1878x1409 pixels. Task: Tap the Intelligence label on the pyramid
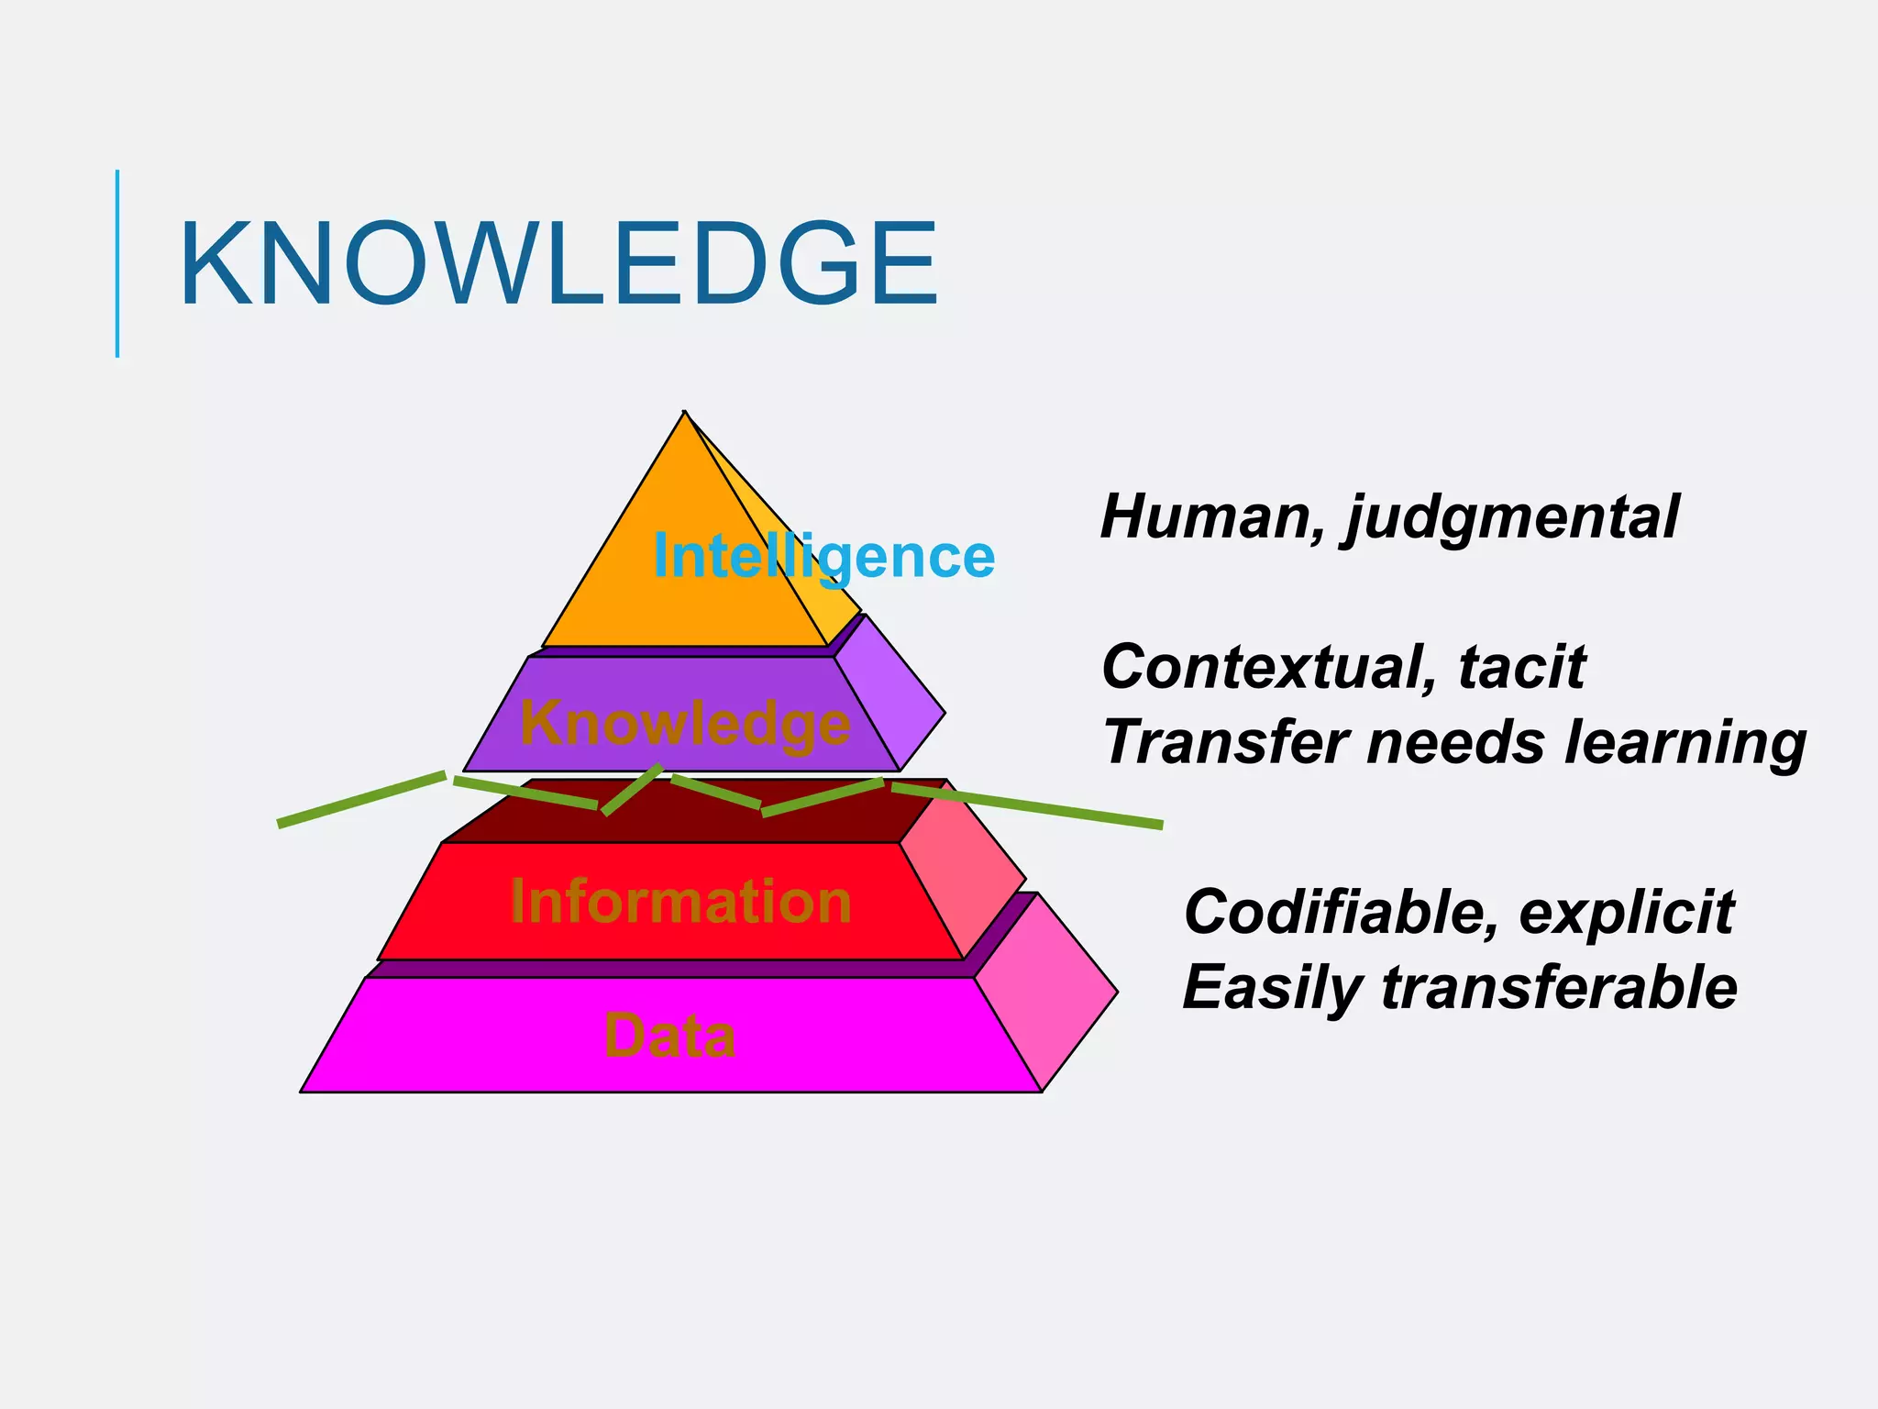coord(823,556)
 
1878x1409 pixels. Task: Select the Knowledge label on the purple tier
coord(684,723)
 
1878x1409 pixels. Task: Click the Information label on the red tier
coord(680,901)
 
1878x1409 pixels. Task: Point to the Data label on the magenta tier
coord(669,1036)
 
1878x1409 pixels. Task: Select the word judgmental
coord(1513,518)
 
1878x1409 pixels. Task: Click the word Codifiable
coord(1341,912)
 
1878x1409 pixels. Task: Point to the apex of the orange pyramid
coord(684,415)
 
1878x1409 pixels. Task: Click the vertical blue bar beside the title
coord(117,263)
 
